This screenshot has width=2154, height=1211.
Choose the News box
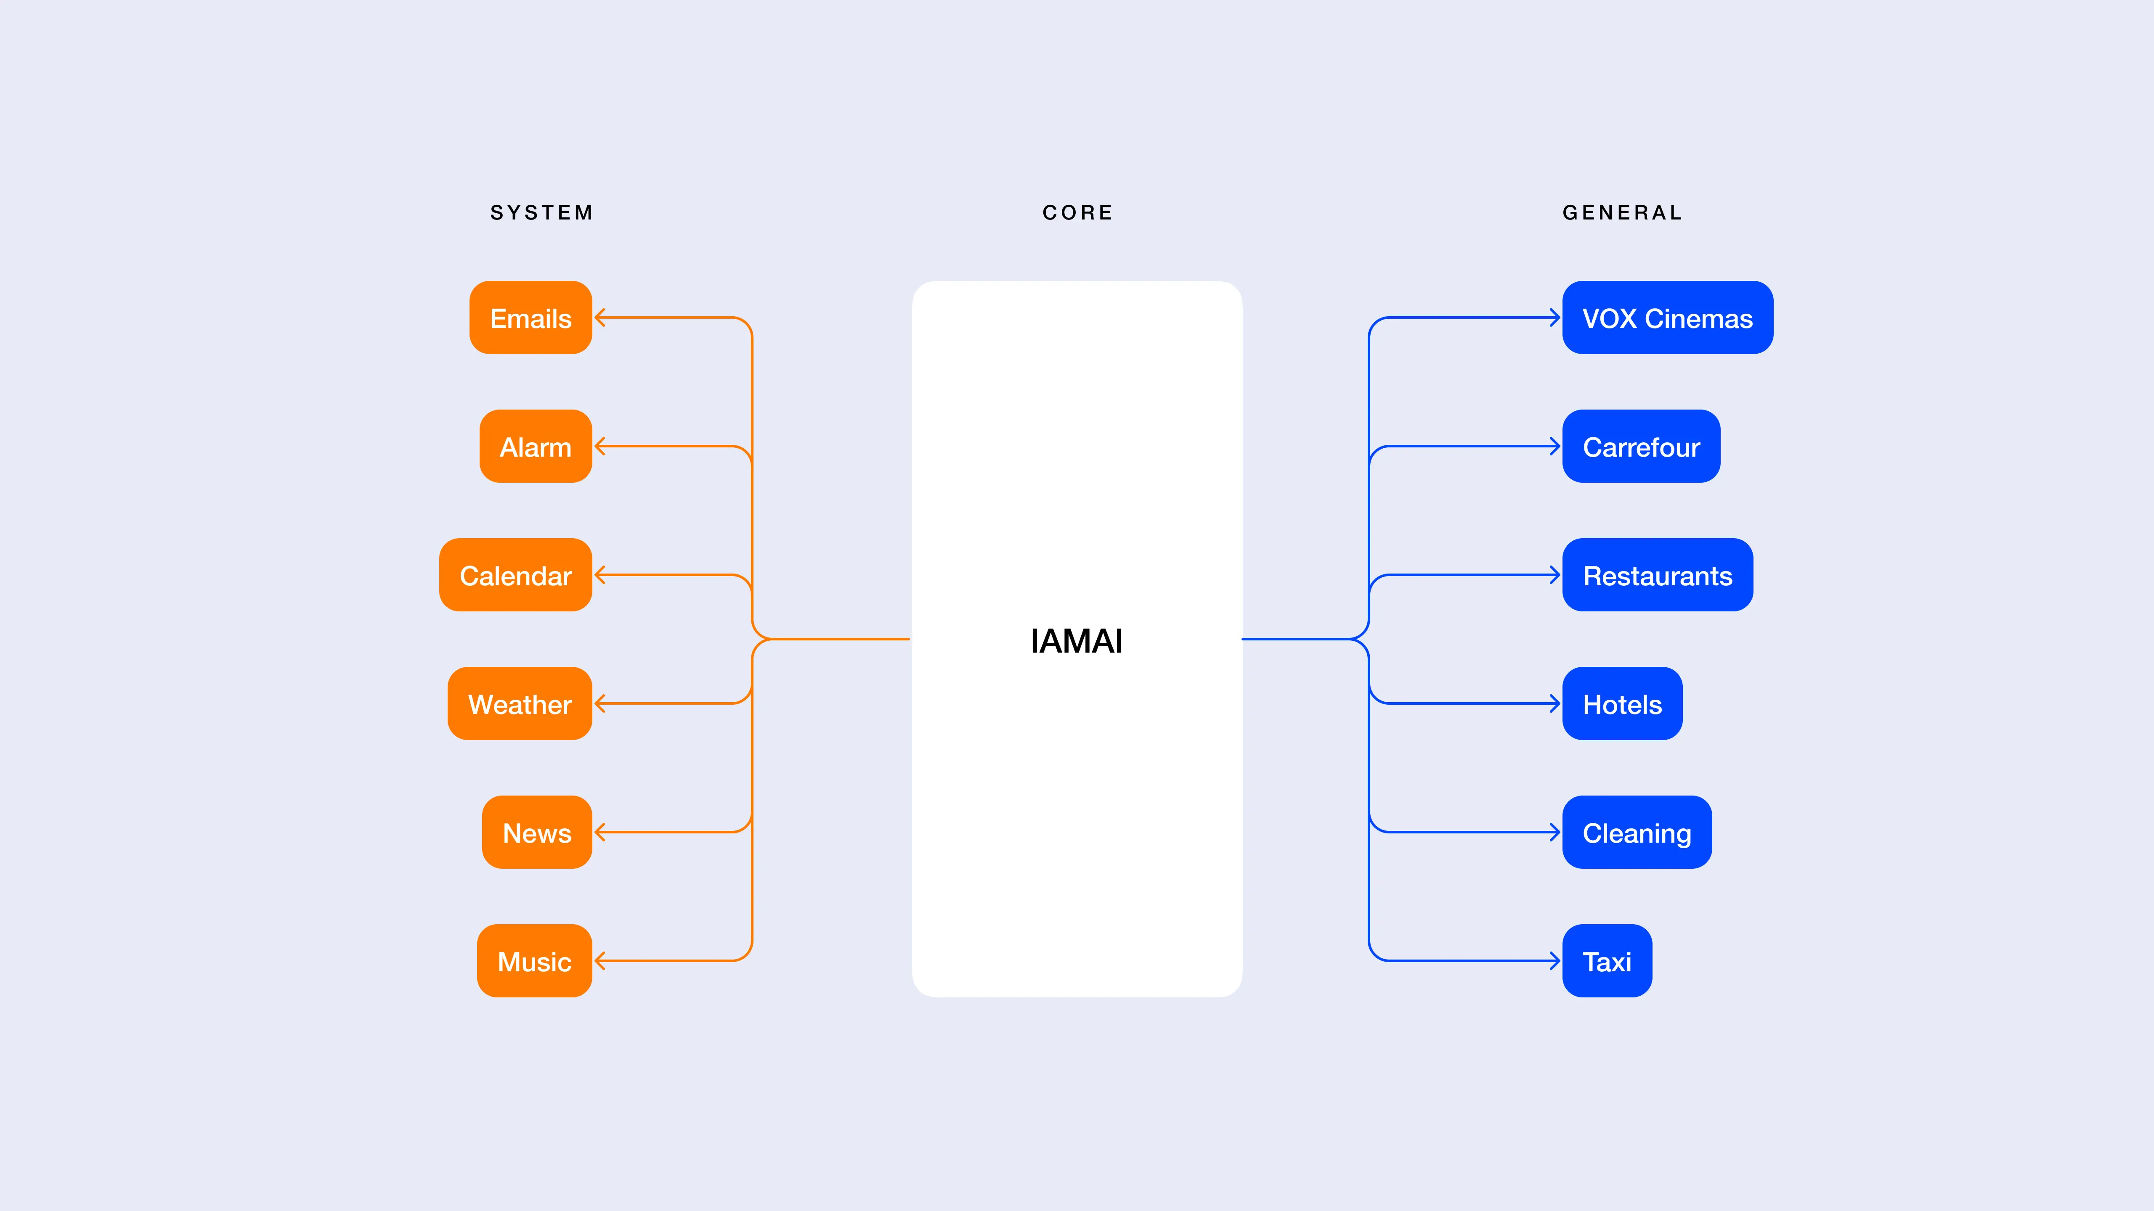[x=537, y=833]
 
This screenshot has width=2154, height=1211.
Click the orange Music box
[x=534, y=961]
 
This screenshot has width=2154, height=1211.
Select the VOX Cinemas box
[x=1667, y=317]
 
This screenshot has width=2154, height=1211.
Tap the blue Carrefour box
[x=1641, y=446]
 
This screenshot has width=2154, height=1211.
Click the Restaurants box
[x=1657, y=575]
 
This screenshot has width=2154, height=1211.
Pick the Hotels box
[x=1622, y=704]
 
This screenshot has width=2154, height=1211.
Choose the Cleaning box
[x=1637, y=833]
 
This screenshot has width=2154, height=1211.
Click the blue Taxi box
[x=1606, y=961]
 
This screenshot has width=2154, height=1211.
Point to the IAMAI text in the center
[x=1076, y=641]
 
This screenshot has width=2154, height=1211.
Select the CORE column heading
[x=1077, y=213]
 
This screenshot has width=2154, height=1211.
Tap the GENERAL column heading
[x=1622, y=213]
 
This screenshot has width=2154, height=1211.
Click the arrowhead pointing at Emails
[x=600, y=317]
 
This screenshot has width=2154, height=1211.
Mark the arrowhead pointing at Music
[x=600, y=961]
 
